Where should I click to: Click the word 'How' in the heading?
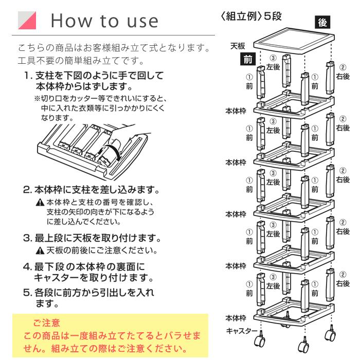[70, 20]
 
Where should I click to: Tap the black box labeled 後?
[322, 23]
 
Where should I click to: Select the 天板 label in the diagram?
[237, 46]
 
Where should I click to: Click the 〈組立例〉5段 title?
[252, 16]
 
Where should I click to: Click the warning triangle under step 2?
[39, 202]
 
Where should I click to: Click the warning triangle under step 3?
[39, 251]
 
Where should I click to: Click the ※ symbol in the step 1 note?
[37, 98]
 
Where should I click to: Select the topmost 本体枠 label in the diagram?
[236, 111]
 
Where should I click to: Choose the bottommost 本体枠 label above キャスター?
[236, 317]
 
